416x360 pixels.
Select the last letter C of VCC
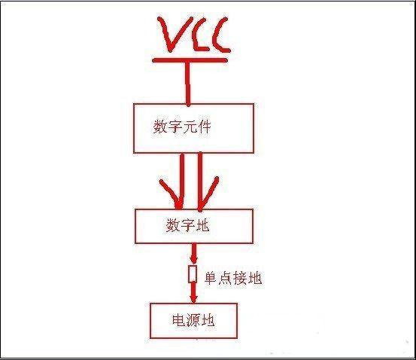tap(220, 35)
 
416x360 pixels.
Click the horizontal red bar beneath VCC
tap(190, 60)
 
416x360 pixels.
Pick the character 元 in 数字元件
tap(190, 127)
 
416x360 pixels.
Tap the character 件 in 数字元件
tap(204, 127)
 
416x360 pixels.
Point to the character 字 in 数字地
tap(188, 226)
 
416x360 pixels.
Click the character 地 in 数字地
tap(202, 226)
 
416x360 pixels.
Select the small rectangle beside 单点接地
tap(193, 274)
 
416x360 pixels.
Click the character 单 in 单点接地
tap(211, 279)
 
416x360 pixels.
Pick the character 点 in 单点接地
tap(226, 279)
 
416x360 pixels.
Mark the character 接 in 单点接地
tap(240, 279)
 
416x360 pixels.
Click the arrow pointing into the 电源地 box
tap(193, 293)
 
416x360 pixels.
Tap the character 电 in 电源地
tap(179, 320)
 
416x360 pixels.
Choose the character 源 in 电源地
tap(193, 320)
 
